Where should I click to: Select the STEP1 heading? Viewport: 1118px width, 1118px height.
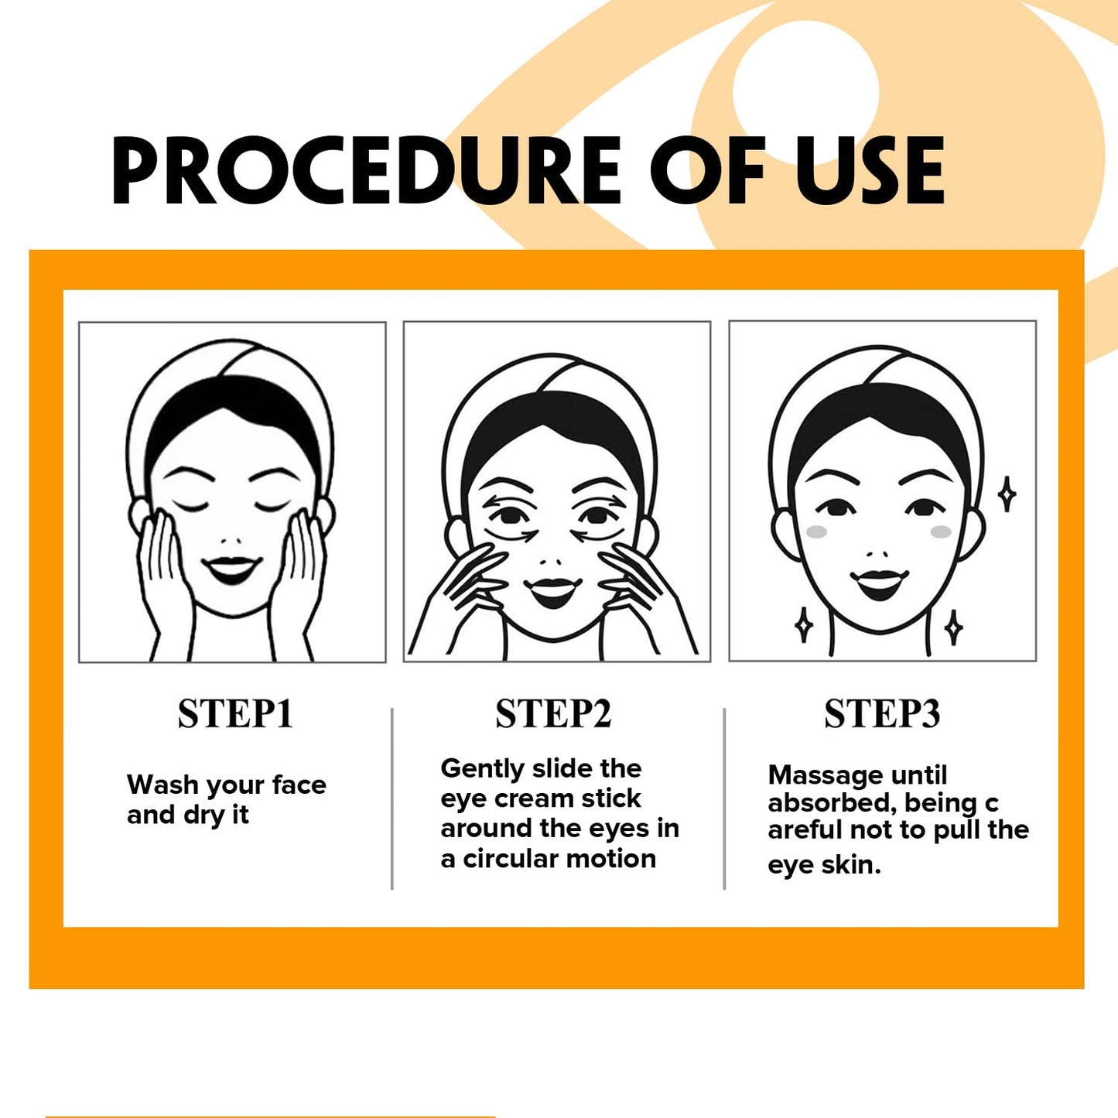point(235,713)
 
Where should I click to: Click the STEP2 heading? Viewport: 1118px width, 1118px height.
point(553,713)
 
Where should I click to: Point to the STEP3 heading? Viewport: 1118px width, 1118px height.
point(882,713)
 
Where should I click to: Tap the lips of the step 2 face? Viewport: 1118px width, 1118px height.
point(552,590)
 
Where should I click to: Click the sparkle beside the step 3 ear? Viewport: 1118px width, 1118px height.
point(1007,494)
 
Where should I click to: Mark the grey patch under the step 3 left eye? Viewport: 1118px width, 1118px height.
point(817,532)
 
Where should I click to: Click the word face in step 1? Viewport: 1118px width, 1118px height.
point(299,785)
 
